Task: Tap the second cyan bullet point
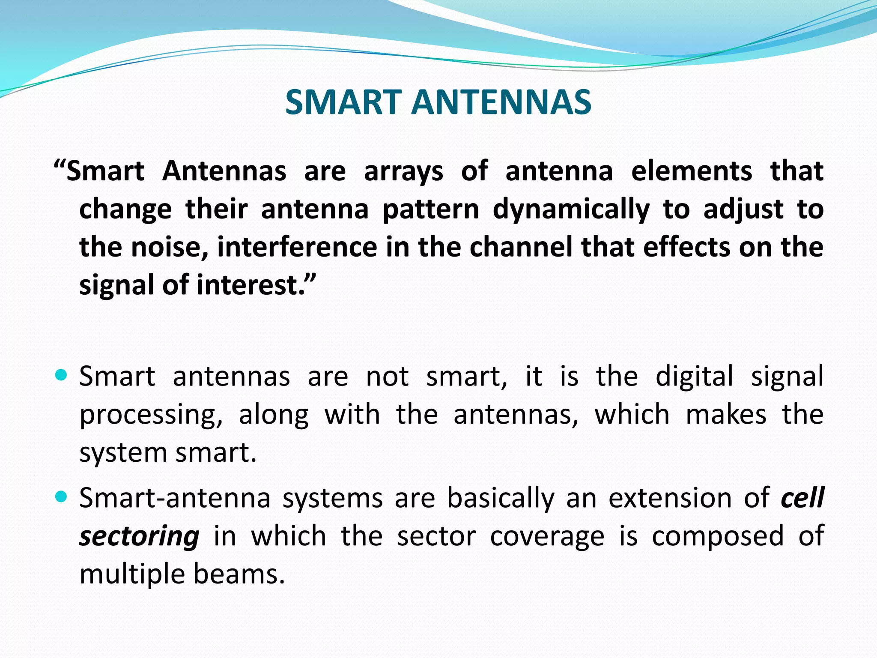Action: tap(62, 497)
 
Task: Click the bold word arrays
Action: tap(403, 172)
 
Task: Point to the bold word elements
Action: tap(692, 171)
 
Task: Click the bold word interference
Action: tap(297, 247)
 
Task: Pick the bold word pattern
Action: tap(430, 210)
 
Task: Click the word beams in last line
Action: tap(239, 574)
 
